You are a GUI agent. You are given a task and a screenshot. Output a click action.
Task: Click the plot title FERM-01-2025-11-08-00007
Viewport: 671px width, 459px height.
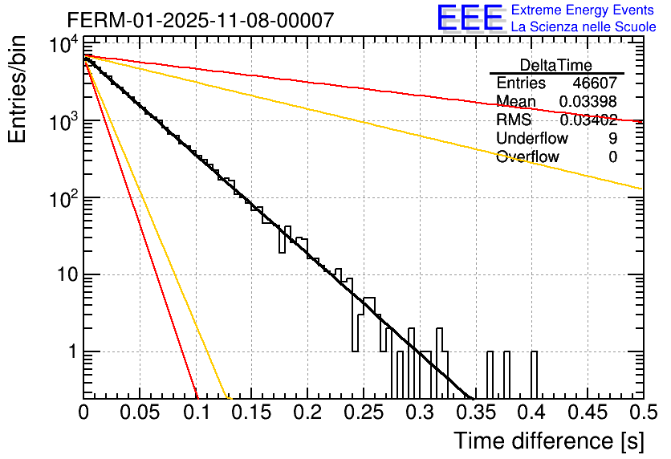200,20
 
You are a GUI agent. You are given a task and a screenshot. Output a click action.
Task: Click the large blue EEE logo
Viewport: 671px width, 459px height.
470,18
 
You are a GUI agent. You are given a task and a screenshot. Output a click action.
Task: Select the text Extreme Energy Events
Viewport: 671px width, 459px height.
584,10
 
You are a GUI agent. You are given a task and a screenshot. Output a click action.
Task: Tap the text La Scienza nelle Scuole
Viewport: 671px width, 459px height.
584,26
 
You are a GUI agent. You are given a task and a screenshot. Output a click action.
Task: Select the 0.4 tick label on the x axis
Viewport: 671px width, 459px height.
531,413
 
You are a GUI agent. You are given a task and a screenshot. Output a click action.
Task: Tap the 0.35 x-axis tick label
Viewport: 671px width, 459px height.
474,413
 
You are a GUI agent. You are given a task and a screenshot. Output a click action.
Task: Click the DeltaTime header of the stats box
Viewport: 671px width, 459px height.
556,65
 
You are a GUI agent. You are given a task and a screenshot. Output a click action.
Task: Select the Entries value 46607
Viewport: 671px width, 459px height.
595,83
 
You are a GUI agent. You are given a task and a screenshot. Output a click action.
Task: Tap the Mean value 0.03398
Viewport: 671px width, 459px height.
588,101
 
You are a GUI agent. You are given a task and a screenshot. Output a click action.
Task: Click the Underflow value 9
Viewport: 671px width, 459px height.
613,138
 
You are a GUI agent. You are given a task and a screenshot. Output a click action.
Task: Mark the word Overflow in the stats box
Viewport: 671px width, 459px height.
527,156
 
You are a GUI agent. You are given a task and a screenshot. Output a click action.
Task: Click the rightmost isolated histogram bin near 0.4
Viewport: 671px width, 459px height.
535,374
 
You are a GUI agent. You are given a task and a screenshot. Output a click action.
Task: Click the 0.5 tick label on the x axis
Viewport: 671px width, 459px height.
641,413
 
